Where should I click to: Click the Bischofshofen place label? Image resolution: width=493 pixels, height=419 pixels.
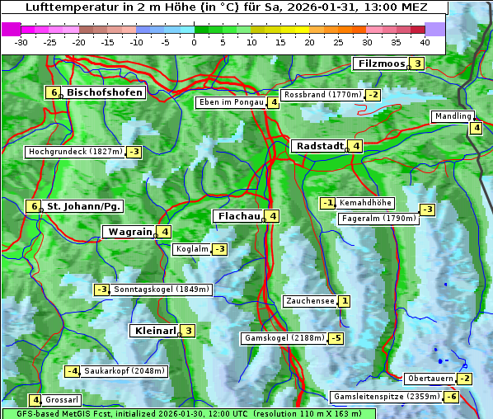pyautogui.click(x=105, y=92)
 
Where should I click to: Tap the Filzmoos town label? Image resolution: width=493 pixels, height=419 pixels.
pyautogui.click(x=380, y=64)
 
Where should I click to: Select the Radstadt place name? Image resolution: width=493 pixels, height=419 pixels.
pyautogui.click(x=319, y=146)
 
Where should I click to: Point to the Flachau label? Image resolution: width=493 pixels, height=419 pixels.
pyautogui.click(x=238, y=216)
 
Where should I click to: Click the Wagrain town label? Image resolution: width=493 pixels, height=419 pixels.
pyautogui.click(x=129, y=233)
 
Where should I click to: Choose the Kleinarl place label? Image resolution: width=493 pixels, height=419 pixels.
pyautogui.click(x=155, y=331)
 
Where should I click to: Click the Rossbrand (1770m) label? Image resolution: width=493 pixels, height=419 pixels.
pyautogui.click(x=322, y=95)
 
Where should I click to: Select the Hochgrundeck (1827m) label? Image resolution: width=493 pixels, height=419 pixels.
pyautogui.click(x=74, y=152)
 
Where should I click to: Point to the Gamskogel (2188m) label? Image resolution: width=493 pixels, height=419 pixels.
pyautogui.click(x=284, y=338)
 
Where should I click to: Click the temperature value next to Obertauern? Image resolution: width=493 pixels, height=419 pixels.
pyautogui.click(x=466, y=379)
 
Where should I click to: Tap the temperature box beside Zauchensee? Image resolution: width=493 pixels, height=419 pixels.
pyautogui.click(x=344, y=301)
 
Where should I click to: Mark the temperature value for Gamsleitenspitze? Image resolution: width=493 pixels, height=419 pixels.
pyautogui.click(x=451, y=397)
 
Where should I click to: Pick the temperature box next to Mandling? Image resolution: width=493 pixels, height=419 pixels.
pyautogui.click(x=476, y=127)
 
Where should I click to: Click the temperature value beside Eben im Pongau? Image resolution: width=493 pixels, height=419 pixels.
pyautogui.click(x=273, y=103)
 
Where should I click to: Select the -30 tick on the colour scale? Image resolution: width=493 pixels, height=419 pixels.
pyautogui.click(x=21, y=42)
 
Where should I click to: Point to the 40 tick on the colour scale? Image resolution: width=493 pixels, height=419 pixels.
pyautogui.click(x=425, y=42)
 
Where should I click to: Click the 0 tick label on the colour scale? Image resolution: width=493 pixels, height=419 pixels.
pyautogui.click(x=194, y=42)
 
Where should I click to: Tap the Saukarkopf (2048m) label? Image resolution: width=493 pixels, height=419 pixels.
pyautogui.click(x=125, y=371)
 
